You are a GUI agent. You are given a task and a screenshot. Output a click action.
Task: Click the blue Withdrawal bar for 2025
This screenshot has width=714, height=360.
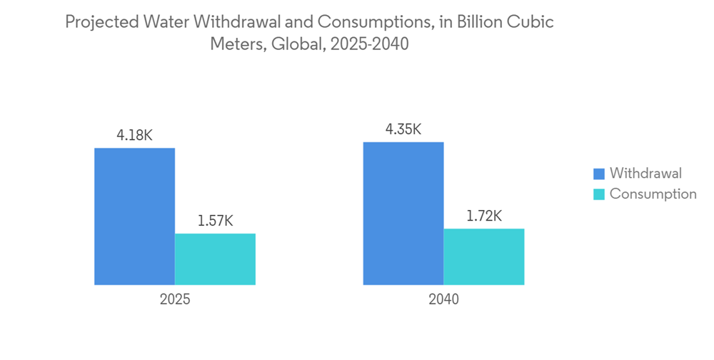point(134,216)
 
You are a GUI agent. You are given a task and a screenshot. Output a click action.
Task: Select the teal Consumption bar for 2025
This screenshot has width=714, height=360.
point(215,259)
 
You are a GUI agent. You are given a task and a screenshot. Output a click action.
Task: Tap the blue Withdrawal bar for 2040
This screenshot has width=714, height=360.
point(403,214)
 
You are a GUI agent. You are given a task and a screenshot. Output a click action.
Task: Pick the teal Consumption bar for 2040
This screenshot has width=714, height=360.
point(484,257)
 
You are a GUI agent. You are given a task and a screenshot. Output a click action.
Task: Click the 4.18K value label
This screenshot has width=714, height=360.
point(134,134)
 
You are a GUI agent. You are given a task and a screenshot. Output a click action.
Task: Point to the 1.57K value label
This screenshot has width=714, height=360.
point(215,221)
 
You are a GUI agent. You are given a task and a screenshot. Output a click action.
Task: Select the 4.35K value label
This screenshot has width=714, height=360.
point(403,129)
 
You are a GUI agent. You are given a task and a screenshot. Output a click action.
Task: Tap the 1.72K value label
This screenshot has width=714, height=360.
point(484,216)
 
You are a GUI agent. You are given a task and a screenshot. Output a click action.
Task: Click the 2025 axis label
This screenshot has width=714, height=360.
point(175,299)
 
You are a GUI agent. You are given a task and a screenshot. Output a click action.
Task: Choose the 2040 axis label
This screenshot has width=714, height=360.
point(443,299)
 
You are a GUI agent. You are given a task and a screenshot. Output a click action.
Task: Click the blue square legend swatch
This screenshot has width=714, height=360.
point(598,174)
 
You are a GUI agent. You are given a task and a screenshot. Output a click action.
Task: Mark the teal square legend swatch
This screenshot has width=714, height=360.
point(598,194)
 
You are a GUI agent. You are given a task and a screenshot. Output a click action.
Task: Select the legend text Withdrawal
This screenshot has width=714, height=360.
point(645,173)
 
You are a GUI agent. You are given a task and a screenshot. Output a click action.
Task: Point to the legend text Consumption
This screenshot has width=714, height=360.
point(653,194)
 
